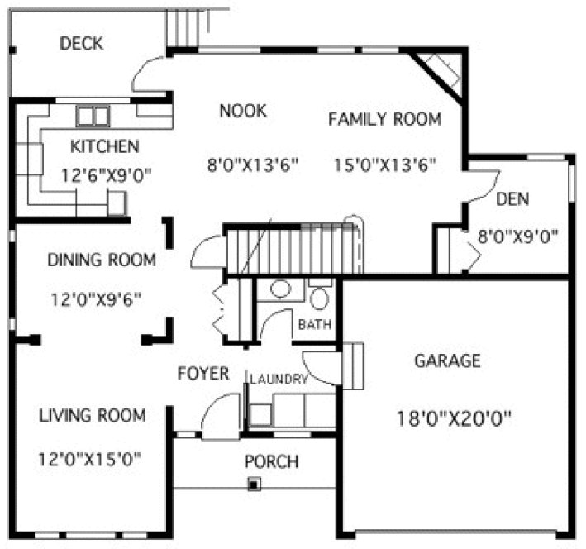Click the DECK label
(82, 43)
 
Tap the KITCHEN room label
(104, 147)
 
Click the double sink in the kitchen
(93, 115)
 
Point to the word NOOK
(243, 110)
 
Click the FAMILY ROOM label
(384, 119)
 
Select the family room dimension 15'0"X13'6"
(385, 164)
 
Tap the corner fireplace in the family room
(439, 70)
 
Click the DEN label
(512, 199)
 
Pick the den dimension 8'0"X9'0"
(517, 235)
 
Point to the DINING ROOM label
(101, 260)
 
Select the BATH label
(315, 324)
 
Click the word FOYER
(203, 374)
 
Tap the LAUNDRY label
(279, 380)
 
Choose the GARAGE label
(447, 360)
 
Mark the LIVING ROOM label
(92, 415)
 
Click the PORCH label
(271, 461)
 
